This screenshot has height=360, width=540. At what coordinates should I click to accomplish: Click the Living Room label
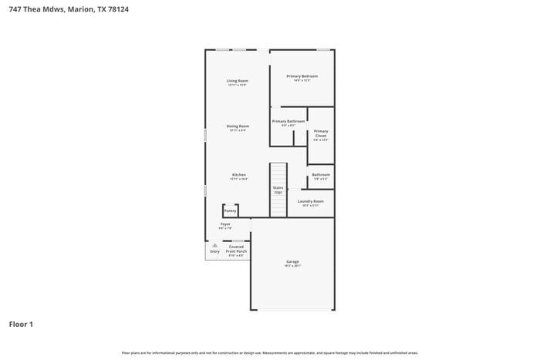pyautogui.click(x=237, y=81)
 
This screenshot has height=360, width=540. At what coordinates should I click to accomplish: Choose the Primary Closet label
pyautogui.click(x=321, y=133)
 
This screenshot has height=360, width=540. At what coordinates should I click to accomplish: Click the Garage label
pyautogui.click(x=292, y=262)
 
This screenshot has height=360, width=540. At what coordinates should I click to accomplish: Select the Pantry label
pyautogui.click(x=230, y=210)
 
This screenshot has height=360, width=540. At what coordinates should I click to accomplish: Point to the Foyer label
pyautogui.click(x=225, y=224)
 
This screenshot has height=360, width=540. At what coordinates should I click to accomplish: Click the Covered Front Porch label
pyautogui.click(x=236, y=250)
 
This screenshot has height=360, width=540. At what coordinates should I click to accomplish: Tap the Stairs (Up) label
pyautogui.click(x=278, y=189)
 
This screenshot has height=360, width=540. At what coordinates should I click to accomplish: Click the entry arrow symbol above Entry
pyautogui.click(x=214, y=245)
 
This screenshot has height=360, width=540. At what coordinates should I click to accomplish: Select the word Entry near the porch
pyautogui.click(x=214, y=251)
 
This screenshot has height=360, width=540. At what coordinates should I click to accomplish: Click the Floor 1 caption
pyautogui.click(x=21, y=325)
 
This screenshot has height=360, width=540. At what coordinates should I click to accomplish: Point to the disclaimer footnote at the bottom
pyautogui.click(x=270, y=352)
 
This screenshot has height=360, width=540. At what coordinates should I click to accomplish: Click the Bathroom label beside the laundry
pyautogui.click(x=321, y=175)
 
